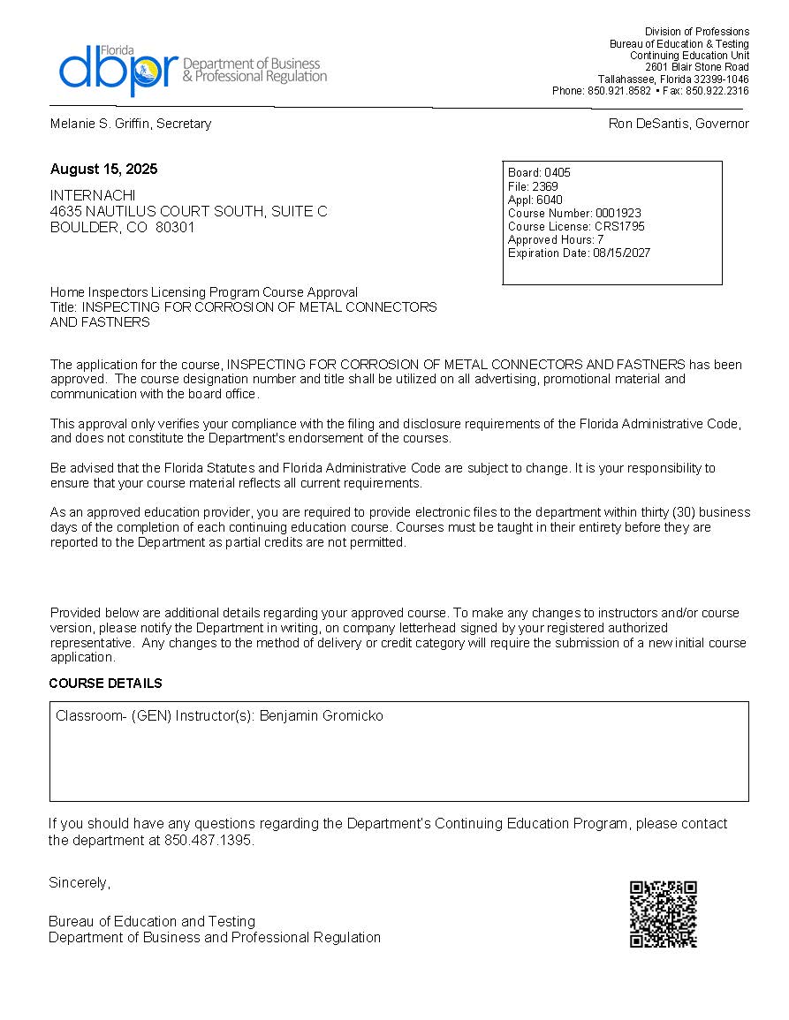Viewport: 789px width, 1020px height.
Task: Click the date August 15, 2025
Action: click(x=103, y=169)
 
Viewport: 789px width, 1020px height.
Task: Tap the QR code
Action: click(x=663, y=914)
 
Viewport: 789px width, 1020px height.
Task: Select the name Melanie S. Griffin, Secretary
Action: click(x=130, y=124)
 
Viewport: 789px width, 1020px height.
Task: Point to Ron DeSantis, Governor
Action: click(x=678, y=124)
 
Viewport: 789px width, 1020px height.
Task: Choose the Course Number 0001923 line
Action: click(x=574, y=213)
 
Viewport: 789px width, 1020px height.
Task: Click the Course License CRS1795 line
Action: click(x=576, y=226)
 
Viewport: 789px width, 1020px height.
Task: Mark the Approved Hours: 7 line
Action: click(x=556, y=239)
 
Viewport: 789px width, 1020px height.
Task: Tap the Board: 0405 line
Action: click(x=539, y=173)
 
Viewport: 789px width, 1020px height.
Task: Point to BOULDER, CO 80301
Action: click(x=123, y=227)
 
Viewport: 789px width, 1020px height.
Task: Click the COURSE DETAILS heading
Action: click(x=105, y=684)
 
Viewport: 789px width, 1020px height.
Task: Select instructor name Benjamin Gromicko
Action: click(x=321, y=716)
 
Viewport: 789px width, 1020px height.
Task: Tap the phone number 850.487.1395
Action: click(x=209, y=840)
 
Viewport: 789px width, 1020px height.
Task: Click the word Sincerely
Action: click(x=80, y=882)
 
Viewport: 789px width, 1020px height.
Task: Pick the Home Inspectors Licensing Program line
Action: click(x=204, y=292)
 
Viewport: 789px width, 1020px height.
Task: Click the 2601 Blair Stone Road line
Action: click(x=696, y=67)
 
